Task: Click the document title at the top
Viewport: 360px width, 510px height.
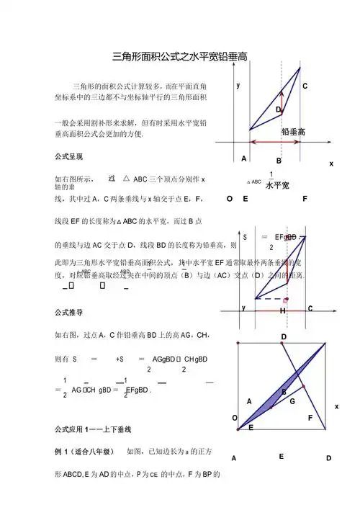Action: coord(181,56)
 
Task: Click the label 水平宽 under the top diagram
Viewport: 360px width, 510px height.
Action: coord(277,186)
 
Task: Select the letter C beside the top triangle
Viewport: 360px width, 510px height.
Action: coord(305,86)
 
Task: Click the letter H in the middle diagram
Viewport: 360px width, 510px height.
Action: coord(282,310)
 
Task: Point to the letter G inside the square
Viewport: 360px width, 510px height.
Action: coord(292,401)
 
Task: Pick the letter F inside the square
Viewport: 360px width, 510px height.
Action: coord(310,418)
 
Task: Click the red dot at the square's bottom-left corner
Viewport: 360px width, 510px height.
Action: coord(238,430)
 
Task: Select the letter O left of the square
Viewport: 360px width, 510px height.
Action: coord(234,418)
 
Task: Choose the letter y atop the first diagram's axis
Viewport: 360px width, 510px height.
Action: coord(238,84)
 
